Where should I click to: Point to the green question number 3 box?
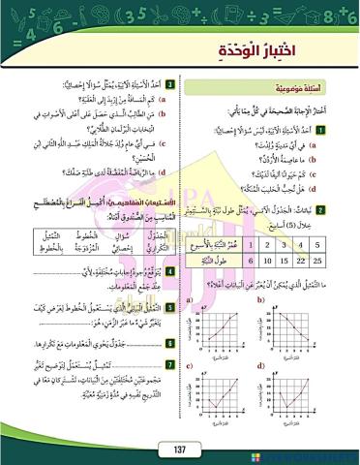(169, 84)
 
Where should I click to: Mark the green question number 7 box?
(169, 363)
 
